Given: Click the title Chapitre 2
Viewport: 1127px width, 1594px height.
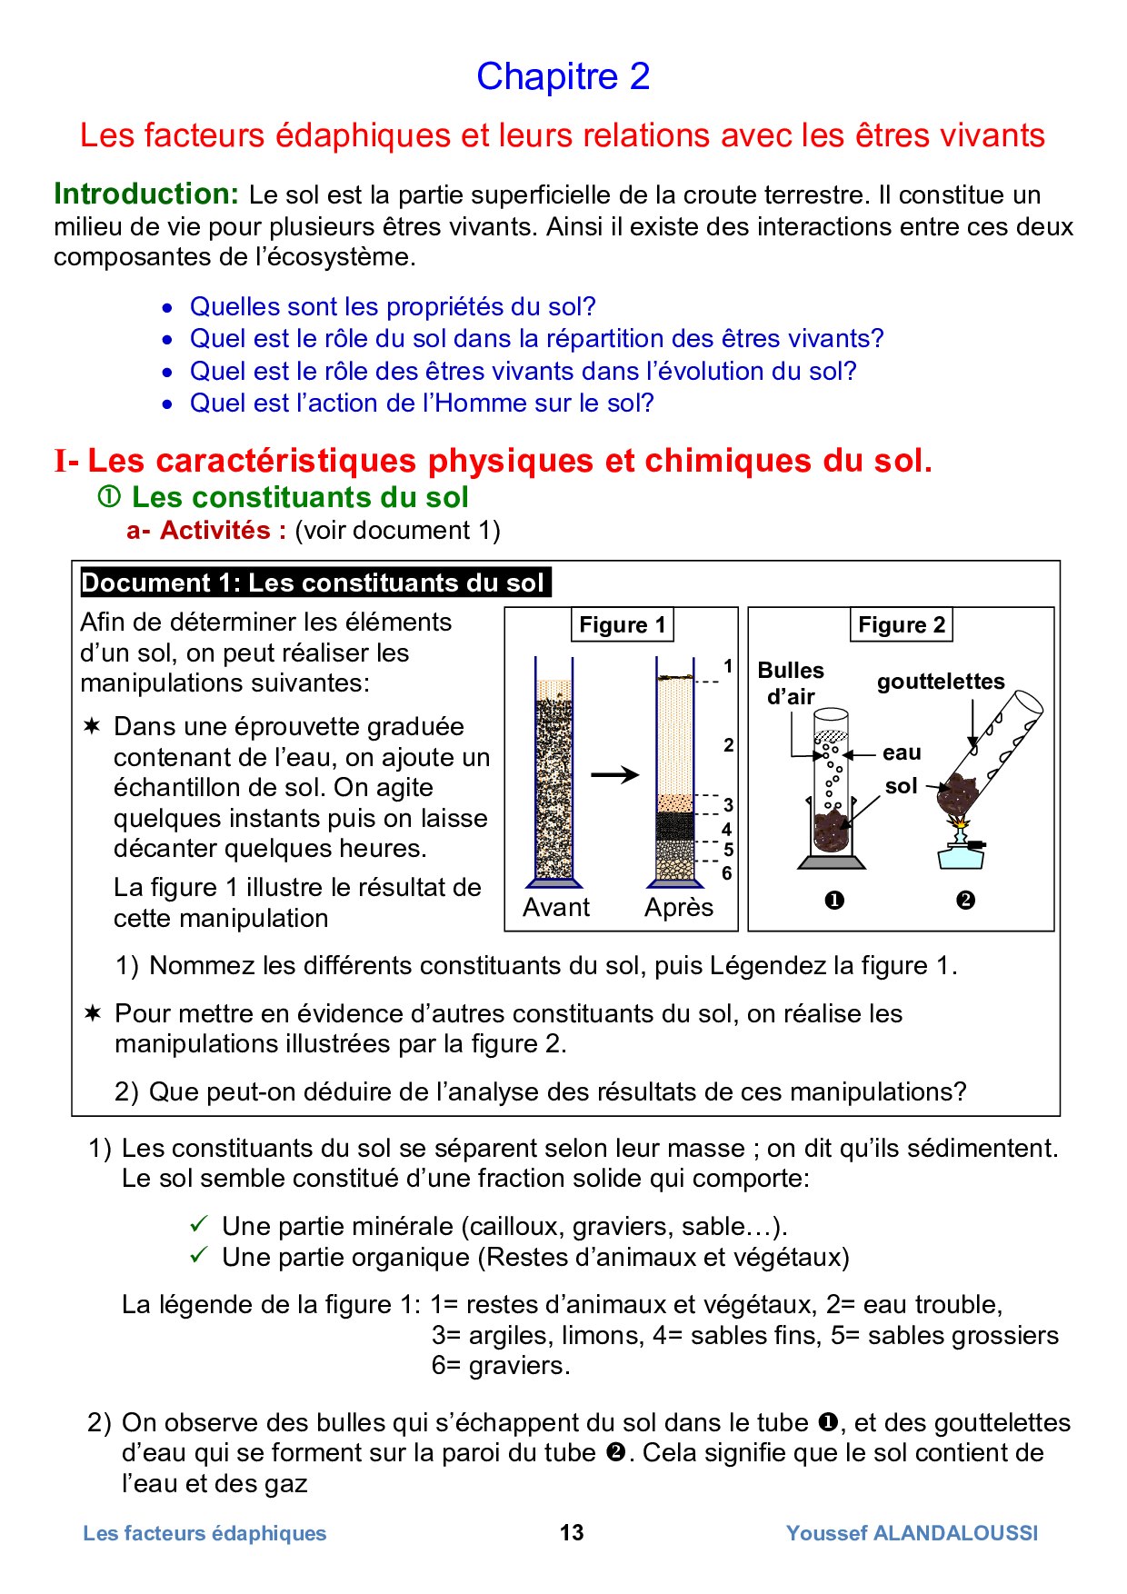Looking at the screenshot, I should coord(563,77).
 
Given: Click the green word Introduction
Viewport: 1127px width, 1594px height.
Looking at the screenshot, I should coord(145,194).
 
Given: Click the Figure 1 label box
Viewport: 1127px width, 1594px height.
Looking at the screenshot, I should coord(622,625).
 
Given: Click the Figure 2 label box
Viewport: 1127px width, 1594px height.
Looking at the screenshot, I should coord(901,625).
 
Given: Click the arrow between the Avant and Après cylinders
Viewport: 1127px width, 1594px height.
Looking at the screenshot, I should coord(615,775).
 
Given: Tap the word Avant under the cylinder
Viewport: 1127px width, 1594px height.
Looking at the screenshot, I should coord(556,907).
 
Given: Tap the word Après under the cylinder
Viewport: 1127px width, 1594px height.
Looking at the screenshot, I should coord(679,907).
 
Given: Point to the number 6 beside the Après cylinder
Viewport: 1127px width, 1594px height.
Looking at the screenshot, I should coord(727,873).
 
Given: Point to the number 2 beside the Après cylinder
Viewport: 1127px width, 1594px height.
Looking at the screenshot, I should coord(728,745).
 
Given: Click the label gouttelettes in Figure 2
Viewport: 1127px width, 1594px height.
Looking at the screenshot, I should coord(941,682).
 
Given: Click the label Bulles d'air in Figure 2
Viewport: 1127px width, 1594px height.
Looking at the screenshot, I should coord(791,683).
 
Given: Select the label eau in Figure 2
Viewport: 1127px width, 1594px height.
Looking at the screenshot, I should coord(902,752).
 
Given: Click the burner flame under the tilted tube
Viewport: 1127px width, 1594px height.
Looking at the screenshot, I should coord(960,825).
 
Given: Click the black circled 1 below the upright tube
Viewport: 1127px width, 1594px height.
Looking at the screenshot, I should coord(833,900).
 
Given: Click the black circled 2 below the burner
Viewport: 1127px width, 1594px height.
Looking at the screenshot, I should coord(965,900).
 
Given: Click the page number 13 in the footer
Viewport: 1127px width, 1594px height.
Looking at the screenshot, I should coord(572,1532).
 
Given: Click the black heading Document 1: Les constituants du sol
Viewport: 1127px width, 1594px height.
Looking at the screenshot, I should coord(314,583).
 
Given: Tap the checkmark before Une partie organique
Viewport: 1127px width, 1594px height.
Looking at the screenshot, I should coord(199,1256).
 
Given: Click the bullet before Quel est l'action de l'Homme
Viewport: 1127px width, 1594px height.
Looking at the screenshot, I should coord(167,404).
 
